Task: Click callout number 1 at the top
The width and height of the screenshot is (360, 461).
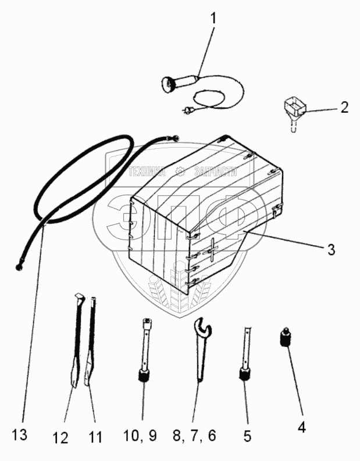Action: click(x=213, y=19)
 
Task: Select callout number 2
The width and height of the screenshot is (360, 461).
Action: click(x=344, y=108)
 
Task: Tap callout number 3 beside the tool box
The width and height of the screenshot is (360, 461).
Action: click(x=331, y=249)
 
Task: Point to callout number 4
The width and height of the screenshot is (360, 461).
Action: click(x=301, y=427)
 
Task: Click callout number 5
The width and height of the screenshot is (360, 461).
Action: click(x=247, y=436)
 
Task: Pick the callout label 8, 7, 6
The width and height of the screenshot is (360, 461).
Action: click(x=194, y=435)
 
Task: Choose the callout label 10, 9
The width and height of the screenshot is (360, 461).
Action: click(x=140, y=435)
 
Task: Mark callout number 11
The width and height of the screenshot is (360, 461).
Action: click(x=96, y=437)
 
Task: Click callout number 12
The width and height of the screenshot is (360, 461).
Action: click(x=61, y=438)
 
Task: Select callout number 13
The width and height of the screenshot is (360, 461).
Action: click(x=20, y=434)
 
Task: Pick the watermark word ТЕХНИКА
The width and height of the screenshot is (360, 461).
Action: click(x=147, y=171)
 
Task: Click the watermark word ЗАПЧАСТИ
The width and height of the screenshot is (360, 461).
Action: click(x=216, y=171)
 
